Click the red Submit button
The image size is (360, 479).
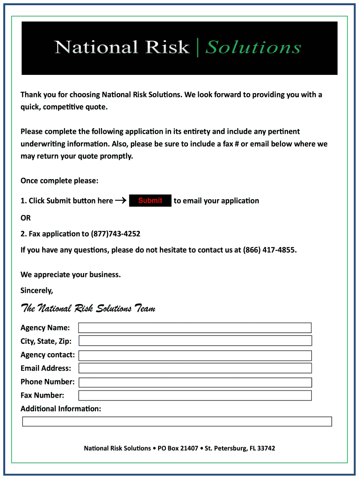pyautogui.click(x=150, y=201)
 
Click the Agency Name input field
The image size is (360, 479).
pyautogui.click(x=194, y=327)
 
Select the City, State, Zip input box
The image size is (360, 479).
pyautogui.click(x=194, y=341)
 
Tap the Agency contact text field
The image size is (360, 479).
pyautogui.click(x=194, y=356)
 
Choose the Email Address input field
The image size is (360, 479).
pyautogui.click(x=194, y=368)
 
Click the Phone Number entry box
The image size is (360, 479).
pyautogui.click(x=194, y=382)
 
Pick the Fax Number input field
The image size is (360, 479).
pyautogui.click(x=194, y=395)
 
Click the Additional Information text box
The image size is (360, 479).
pyautogui.click(x=177, y=421)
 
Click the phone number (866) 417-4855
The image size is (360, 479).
pyautogui.click(x=269, y=250)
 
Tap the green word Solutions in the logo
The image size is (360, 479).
pyautogui.click(x=253, y=47)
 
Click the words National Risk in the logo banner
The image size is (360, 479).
pyautogui.click(x=122, y=47)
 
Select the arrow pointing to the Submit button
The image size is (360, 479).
pyautogui.click(x=121, y=201)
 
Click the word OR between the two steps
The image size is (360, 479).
pyautogui.click(x=26, y=218)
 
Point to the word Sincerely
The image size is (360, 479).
pyautogui.click(x=37, y=290)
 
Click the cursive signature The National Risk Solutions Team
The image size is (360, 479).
pyautogui.click(x=88, y=308)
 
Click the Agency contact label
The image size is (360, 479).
pyautogui.click(x=47, y=356)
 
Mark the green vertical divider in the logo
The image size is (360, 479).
pyautogui.click(x=198, y=47)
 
